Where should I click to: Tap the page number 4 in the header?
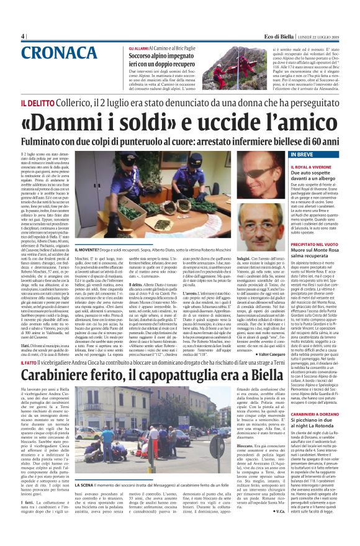[x=23, y=36]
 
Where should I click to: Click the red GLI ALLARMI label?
[x=139, y=48]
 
